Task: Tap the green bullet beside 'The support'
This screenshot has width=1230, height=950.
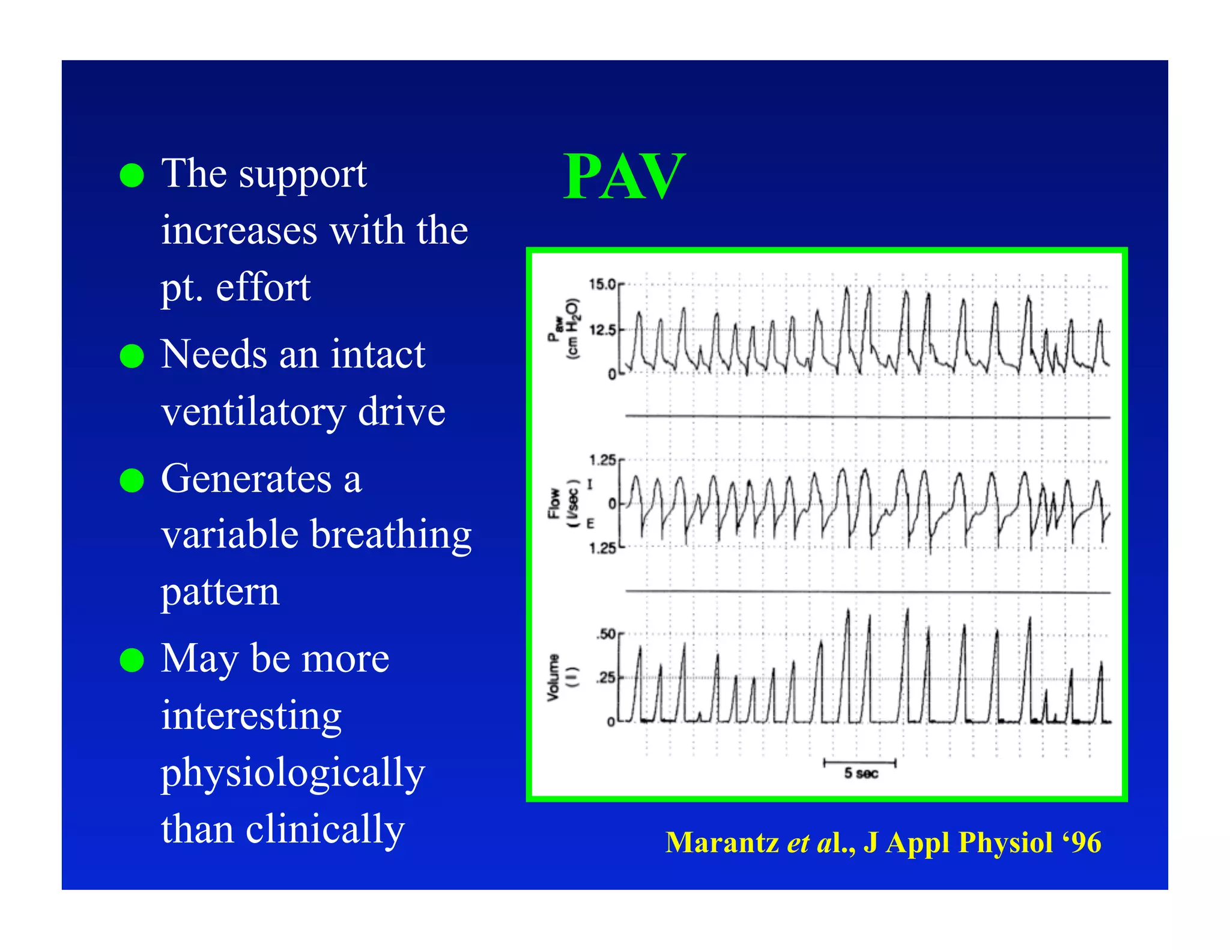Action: [x=132, y=176]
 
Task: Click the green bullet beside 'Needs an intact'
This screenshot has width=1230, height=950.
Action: [x=132, y=356]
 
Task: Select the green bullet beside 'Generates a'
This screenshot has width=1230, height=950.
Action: [x=132, y=480]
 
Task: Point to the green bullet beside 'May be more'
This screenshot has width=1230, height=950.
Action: [x=132, y=660]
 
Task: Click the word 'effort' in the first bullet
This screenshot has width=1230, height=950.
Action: [x=263, y=288]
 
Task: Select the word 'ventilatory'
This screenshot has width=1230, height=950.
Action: [x=252, y=413]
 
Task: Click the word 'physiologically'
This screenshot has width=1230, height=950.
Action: [x=292, y=773]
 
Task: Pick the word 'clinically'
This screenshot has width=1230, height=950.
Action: [x=325, y=830]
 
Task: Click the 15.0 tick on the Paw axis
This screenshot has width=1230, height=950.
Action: [x=602, y=284]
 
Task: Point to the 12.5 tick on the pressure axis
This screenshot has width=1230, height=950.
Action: [x=602, y=330]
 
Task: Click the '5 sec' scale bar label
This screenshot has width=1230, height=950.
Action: [x=861, y=773]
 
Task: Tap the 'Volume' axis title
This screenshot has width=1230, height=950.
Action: [x=553, y=677]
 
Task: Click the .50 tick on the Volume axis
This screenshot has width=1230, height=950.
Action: [x=605, y=634]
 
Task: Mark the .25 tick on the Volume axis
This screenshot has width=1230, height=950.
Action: [x=605, y=678]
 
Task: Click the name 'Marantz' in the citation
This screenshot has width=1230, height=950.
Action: [x=722, y=843]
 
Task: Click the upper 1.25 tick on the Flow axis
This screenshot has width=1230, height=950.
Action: [x=602, y=461]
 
